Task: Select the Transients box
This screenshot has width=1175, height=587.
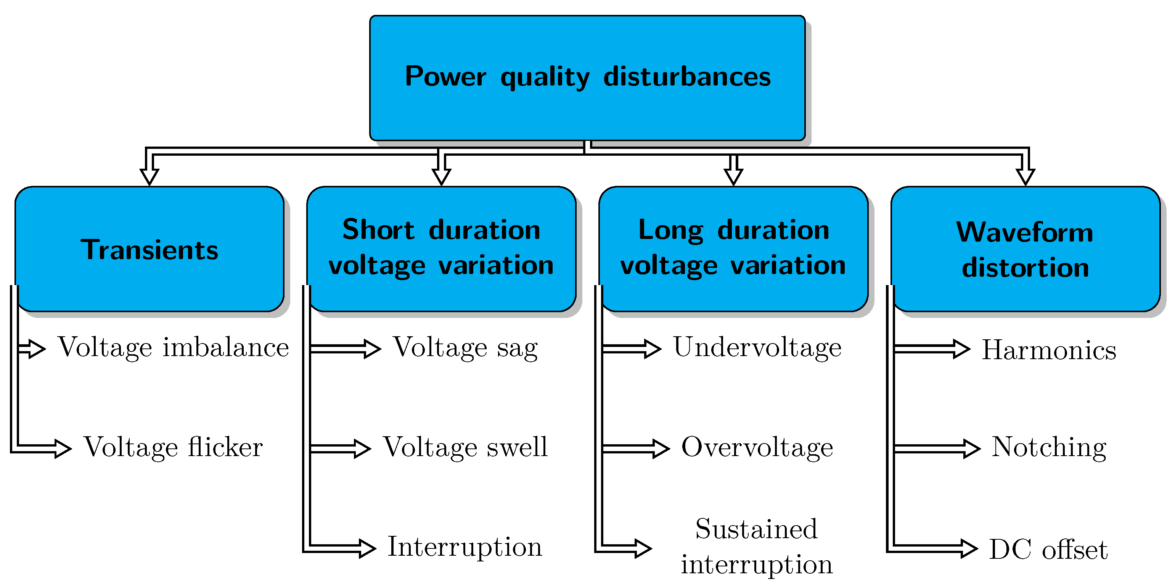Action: click(x=149, y=250)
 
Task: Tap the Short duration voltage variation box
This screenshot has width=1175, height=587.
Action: click(x=441, y=249)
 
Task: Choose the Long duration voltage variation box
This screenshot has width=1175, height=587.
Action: click(x=733, y=249)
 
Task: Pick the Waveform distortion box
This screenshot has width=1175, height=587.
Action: click(x=1025, y=250)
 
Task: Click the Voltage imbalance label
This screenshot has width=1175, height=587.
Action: click(x=173, y=348)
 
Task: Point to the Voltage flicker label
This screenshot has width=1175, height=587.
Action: click(x=173, y=447)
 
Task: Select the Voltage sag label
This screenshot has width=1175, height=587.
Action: click(x=465, y=348)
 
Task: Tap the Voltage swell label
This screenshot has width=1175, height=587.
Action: click(x=465, y=447)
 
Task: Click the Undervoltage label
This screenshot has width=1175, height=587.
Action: click(x=757, y=348)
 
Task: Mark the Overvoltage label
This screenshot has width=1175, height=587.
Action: click(x=757, y=447)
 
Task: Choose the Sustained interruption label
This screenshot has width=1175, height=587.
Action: click(x=756, y=547)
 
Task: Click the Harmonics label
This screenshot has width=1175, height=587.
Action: click(x=1049, y=350)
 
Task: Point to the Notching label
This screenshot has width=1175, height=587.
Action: click(x=1049, y=447)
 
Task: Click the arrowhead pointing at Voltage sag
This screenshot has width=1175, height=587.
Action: click(x=372, y=349)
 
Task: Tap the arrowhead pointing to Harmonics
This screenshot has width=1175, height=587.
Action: click(x=961, y=349)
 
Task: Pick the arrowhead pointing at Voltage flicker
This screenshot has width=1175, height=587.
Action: click(x=63, y=449)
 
